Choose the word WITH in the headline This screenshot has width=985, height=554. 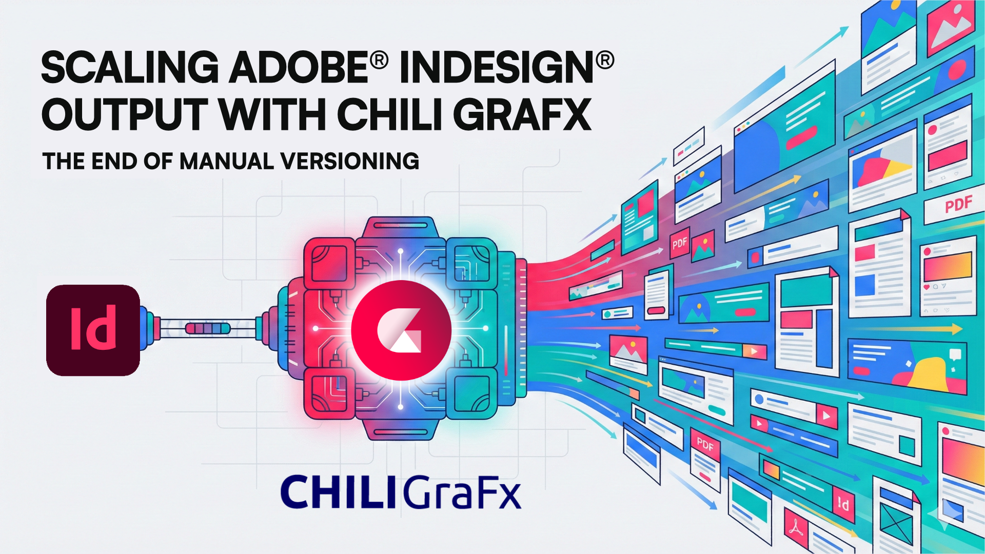(272, 114)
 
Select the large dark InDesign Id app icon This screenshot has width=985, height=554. (93, 330)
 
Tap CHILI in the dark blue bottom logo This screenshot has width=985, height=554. (338, 492)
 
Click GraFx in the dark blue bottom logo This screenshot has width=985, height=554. (462, 492)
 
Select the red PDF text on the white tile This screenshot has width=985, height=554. (958, 205)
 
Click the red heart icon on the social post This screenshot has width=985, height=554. (927, 287)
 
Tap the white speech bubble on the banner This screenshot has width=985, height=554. (955, 354)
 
